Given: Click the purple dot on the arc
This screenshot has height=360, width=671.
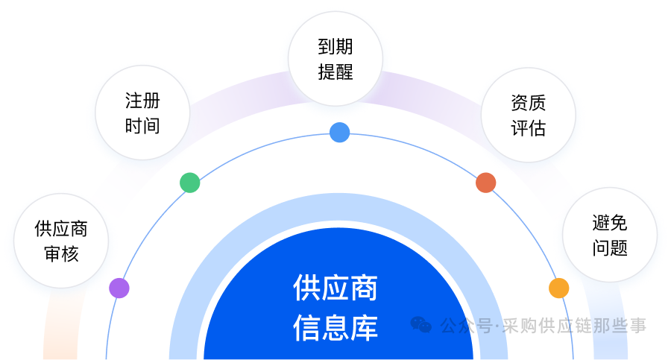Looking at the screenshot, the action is tap(119, 288).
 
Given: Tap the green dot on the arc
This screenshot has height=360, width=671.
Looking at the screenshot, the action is tap(190, 183).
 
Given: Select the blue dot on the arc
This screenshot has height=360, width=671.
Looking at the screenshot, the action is tap(340, 132).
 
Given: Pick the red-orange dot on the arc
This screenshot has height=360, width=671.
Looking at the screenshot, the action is tap(485, 183).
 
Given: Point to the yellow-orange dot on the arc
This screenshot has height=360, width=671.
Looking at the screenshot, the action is tap(559, 288).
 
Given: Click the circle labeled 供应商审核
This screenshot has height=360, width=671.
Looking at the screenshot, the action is tap(61, 241).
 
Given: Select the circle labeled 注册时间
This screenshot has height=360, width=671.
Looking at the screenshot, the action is tap(142, 113).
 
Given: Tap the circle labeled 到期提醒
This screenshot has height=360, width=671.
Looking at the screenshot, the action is tap(335, 59).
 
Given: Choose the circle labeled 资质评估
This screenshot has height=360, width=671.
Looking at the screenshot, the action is tap(529, 115).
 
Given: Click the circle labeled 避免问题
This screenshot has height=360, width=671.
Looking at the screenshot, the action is tap(610, 235).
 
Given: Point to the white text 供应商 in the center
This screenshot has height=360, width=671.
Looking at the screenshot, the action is tap(335, 288).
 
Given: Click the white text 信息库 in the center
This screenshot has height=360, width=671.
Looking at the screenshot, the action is tap(335, 327).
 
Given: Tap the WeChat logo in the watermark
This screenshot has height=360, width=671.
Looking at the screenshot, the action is tap(421, 325).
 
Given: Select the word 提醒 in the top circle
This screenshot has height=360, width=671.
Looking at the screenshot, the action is tap(335, 72).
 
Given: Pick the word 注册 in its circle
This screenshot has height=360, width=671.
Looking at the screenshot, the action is tap(142, 101).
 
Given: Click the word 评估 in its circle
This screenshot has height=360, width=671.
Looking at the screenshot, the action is tap(529, 128).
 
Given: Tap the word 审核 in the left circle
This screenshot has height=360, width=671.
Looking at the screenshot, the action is tap(62, 254).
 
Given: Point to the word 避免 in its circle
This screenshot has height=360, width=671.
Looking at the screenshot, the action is tap(610, 223).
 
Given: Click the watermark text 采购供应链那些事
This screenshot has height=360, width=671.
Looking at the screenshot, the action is tap(574, 326).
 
